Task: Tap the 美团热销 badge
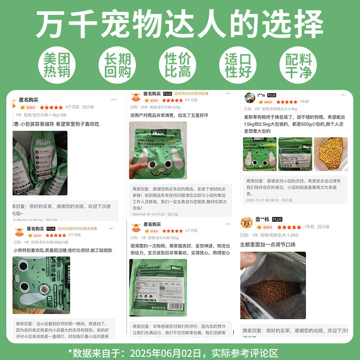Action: coord(57,66)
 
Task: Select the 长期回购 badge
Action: coord(117,66)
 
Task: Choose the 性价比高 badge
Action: coord(178,66)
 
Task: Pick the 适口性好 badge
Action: coord(238,66)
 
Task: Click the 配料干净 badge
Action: coord(299,66)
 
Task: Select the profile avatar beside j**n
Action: coord(249,98)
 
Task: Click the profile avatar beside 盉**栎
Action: coord(246,222)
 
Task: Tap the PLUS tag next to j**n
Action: coord(272,95)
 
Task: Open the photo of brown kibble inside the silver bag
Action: coord(273,285)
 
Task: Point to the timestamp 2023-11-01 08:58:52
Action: coord(262,200)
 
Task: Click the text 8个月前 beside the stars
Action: coord(191,100)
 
